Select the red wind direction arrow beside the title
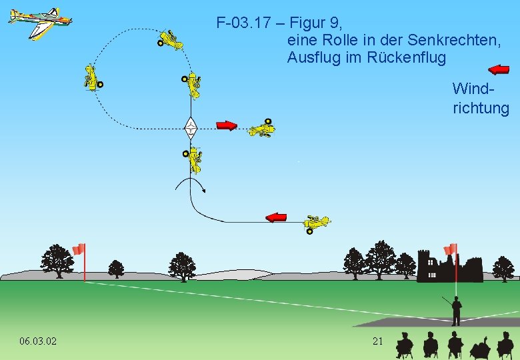pyautogui.click(x=499, y=68)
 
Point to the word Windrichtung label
pyautogui.click(x=480, y=98)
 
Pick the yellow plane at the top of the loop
pyautogui.click(x=171, y=40)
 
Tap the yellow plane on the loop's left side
pyautogui.click(x=92, y=77)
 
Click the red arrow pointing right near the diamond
pyautogui.click(x=227, y=125)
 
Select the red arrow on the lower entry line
pyautogui.click(x=276, y=217)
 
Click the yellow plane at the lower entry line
pyautogui.click(x=315, y=223)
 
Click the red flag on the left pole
pyautogui.click(x=79, y=249)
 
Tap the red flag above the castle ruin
pyautogui.click(x=451, y=249)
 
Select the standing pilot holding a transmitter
pyautogui.click(x=456, y=310)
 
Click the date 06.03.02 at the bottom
pyautogui.click(x=38, y=341)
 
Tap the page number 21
pyautogui.click(x=377, y=341)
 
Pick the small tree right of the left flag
pyautogui.click(x=116, y=269)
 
